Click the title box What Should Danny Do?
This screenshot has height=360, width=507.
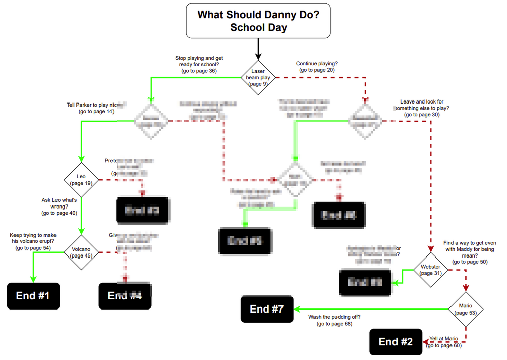click(x=258, y=21)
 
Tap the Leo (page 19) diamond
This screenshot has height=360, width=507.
click(x=81, y=179)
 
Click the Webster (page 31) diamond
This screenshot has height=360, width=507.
click(x=430, y=270)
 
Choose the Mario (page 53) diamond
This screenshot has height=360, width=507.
click(x=466, y=309)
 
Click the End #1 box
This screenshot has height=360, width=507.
click(x=33, y=296)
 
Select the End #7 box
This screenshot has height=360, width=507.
click(x=267, y=309)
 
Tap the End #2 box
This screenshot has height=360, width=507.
click(x=396, y=342)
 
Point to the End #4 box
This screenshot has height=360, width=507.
click(x=125, y=296)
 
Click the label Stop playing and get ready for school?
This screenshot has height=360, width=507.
click(x=199, y=65)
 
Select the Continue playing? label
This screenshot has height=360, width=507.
click(x=317, y=67)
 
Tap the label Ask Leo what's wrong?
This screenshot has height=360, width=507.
click(x=59, y=207)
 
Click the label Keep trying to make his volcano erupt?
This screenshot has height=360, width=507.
click(x=33, y=241)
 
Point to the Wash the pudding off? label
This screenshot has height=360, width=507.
click(x=334, y=320)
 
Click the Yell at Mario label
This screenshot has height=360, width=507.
click(x=444, y=342)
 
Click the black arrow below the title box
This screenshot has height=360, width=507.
click(x=258, y=49)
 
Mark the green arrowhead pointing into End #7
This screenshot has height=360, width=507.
click(x=297, y=309)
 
